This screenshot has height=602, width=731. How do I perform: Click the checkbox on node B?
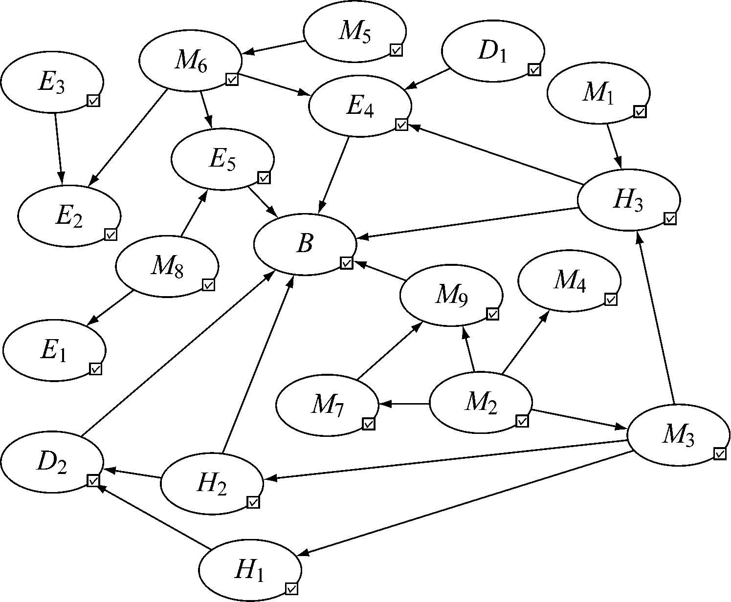click(346, 263)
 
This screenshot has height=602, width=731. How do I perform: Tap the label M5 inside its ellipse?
click(354, 32)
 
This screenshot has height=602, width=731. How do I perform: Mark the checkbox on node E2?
click(111, 235)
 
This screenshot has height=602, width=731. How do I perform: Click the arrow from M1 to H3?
click(614, 147)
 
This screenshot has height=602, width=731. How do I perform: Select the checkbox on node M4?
click(611, 299)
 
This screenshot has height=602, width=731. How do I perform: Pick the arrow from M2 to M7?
click(405, 404)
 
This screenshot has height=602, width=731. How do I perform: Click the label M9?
click(450, 297)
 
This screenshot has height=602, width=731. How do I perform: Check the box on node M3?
click(719, 453)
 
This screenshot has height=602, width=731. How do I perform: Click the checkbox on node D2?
click(93, 480)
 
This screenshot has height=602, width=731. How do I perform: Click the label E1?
click(53, 351)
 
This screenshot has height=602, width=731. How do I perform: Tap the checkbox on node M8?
click(209, 284)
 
